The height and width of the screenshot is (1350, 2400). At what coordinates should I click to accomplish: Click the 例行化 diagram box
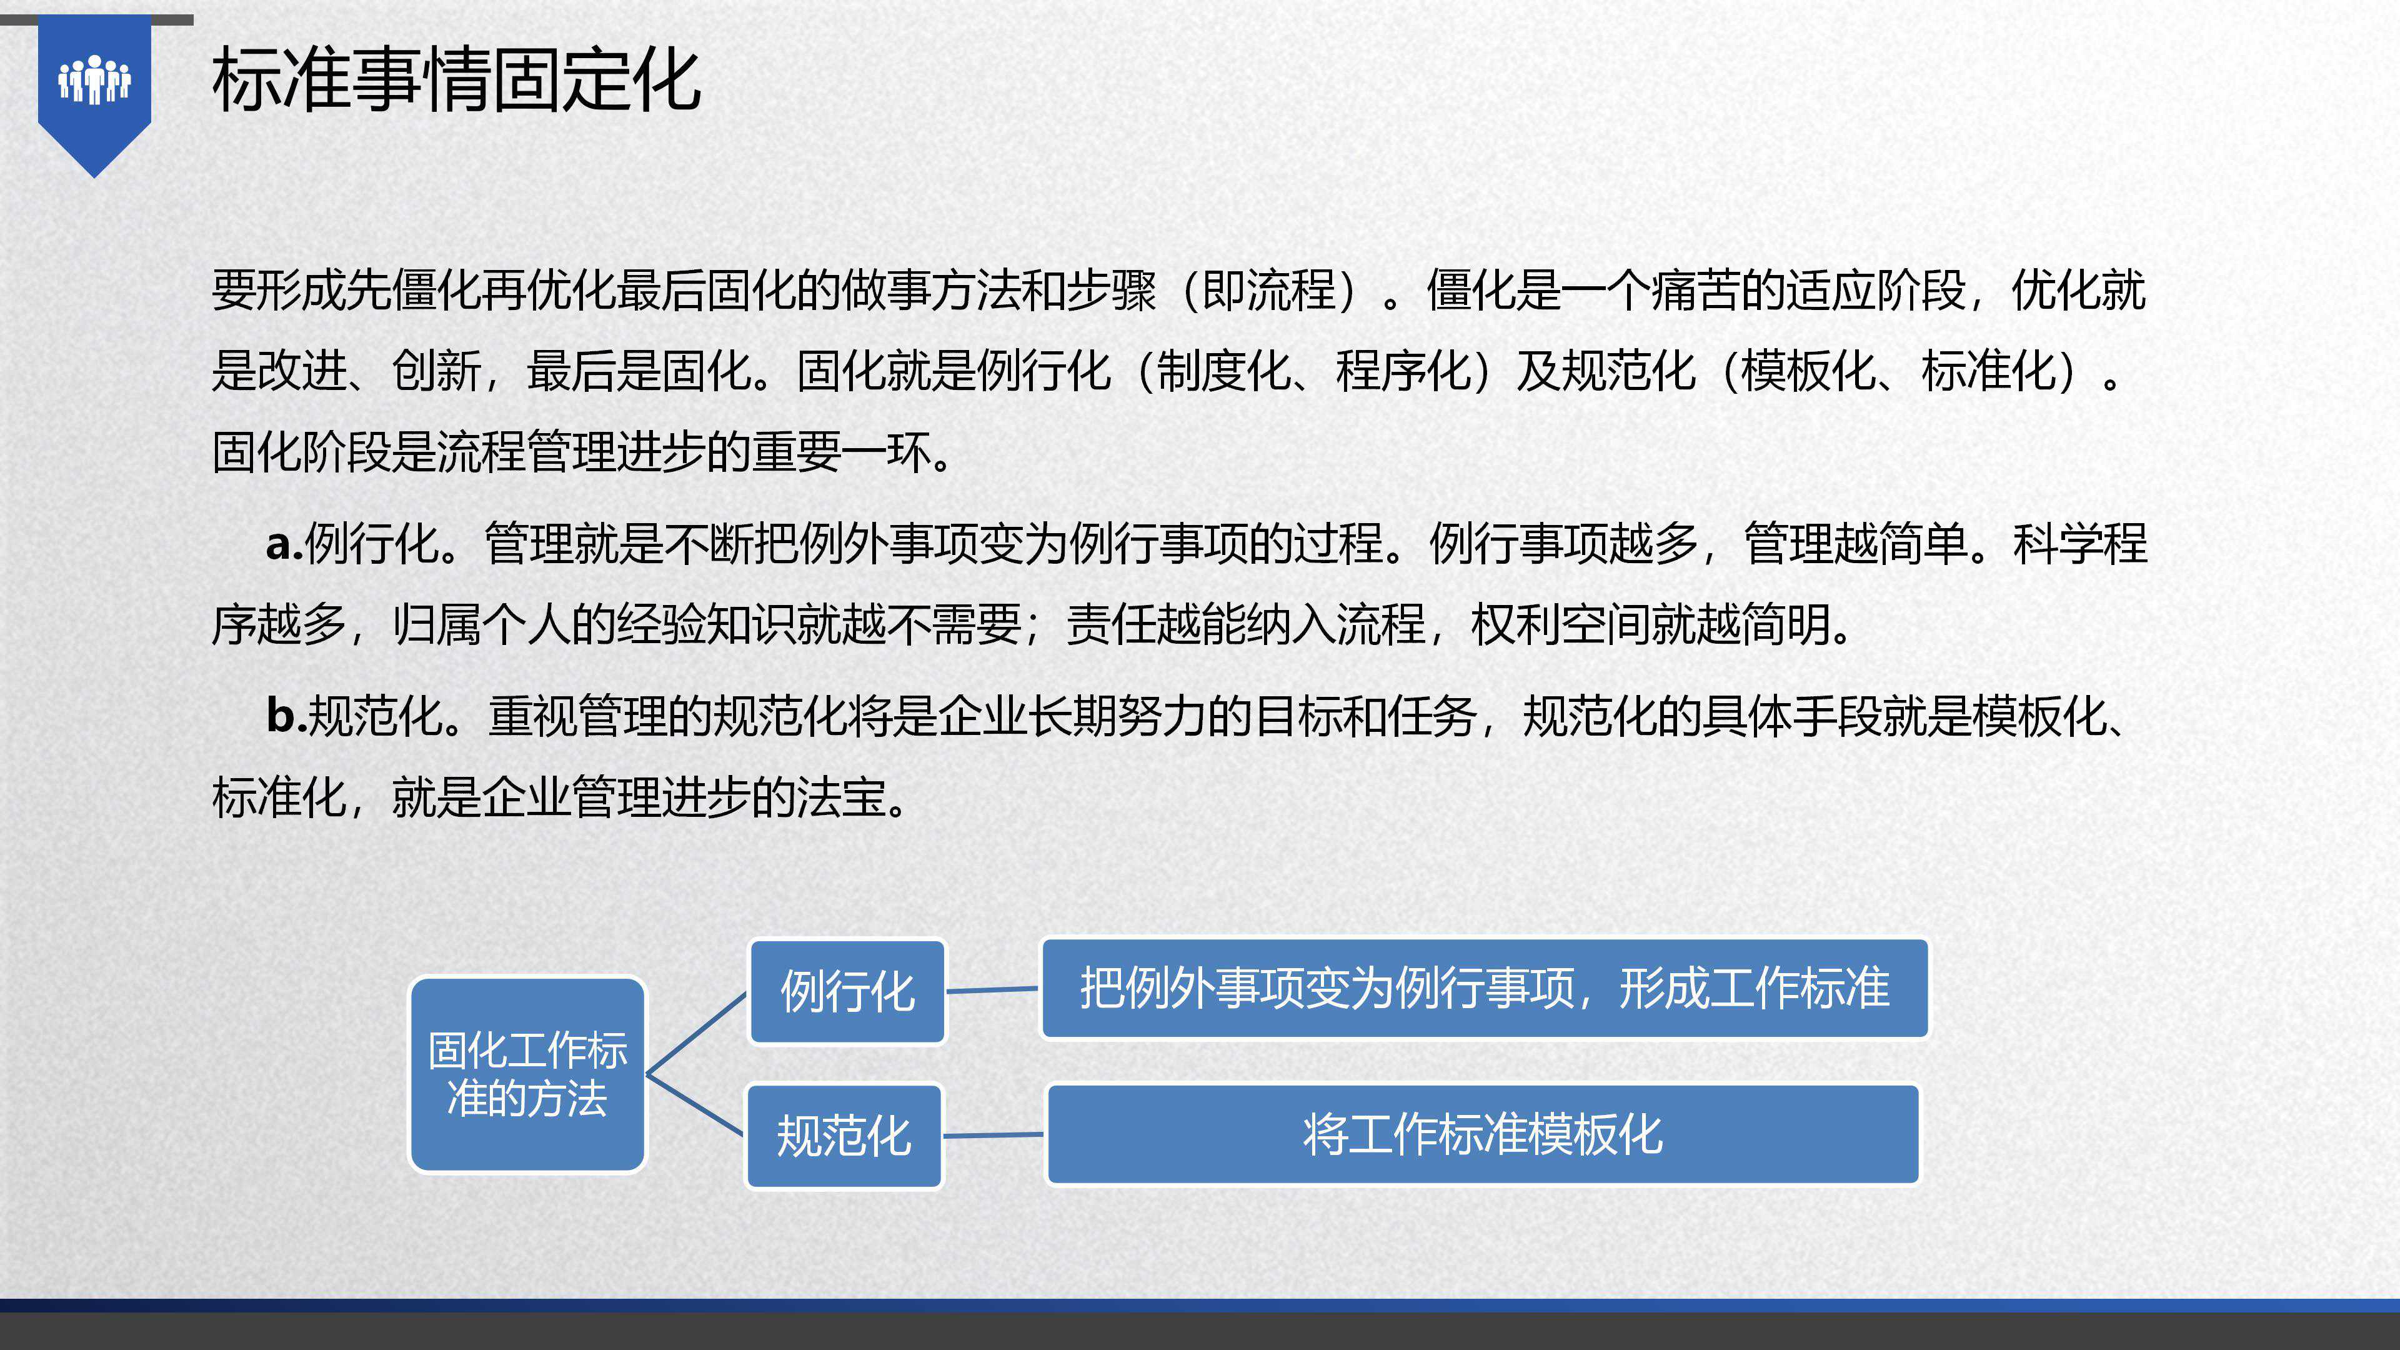[x=847, y=991]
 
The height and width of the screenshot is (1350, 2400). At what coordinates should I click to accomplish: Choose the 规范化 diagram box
[x=844, y=1136]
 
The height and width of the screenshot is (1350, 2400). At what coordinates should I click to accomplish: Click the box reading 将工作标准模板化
[x=1482, y=1134]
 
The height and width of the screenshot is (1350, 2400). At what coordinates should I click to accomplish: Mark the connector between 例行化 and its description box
[x=992, y=989]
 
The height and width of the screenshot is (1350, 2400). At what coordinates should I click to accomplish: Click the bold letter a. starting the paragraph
[x=284, y=544]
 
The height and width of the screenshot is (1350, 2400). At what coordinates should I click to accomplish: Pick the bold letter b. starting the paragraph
[x=286, y=716]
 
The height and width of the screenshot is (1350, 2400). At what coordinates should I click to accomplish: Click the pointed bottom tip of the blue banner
[x=94, y=176]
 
